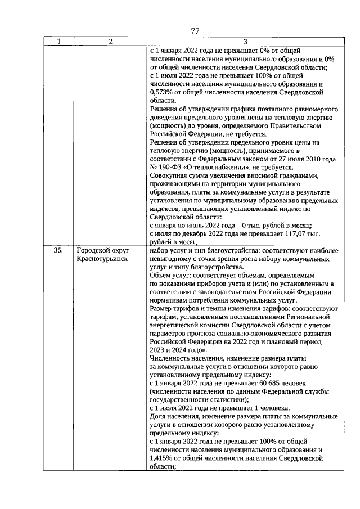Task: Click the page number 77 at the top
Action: point(195,31)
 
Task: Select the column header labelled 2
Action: point(110,41)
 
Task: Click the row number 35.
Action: point(58,250)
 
